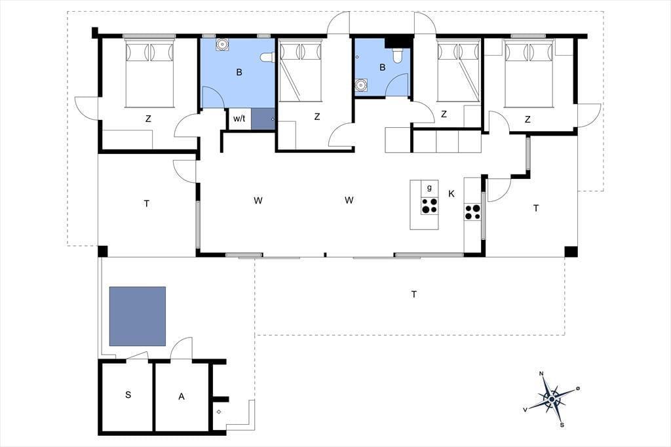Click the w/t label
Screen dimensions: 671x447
(239, 118)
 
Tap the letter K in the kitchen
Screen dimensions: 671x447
(451, 194)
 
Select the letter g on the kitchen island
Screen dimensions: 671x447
(429, 187)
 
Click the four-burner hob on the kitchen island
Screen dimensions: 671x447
(430, 206)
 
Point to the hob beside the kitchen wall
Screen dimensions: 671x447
(473, 212)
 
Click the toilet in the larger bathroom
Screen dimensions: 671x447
(267, 58)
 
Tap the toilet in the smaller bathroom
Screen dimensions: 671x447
(398, 55)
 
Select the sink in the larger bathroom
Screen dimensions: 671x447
(222, 45)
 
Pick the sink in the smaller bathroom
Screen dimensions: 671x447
(362, 85)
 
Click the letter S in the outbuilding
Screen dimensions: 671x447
(128, 395)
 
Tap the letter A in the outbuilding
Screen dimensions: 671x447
(182, 397)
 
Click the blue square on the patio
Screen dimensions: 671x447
(138, 317)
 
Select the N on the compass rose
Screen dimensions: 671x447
(541, 374)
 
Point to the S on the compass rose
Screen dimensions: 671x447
(562, 425)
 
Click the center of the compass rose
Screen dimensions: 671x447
(552, 399)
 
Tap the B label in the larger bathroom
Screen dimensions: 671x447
(239, 72)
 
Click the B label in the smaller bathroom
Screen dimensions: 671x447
(382, 68)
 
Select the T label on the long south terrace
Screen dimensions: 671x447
(414, 294)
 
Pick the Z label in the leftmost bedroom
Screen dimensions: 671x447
(148, 119)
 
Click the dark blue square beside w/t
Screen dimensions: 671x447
(262, 119)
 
